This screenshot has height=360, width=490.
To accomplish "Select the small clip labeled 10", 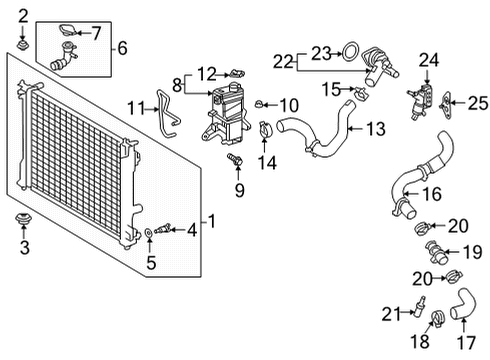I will coord(259,103).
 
